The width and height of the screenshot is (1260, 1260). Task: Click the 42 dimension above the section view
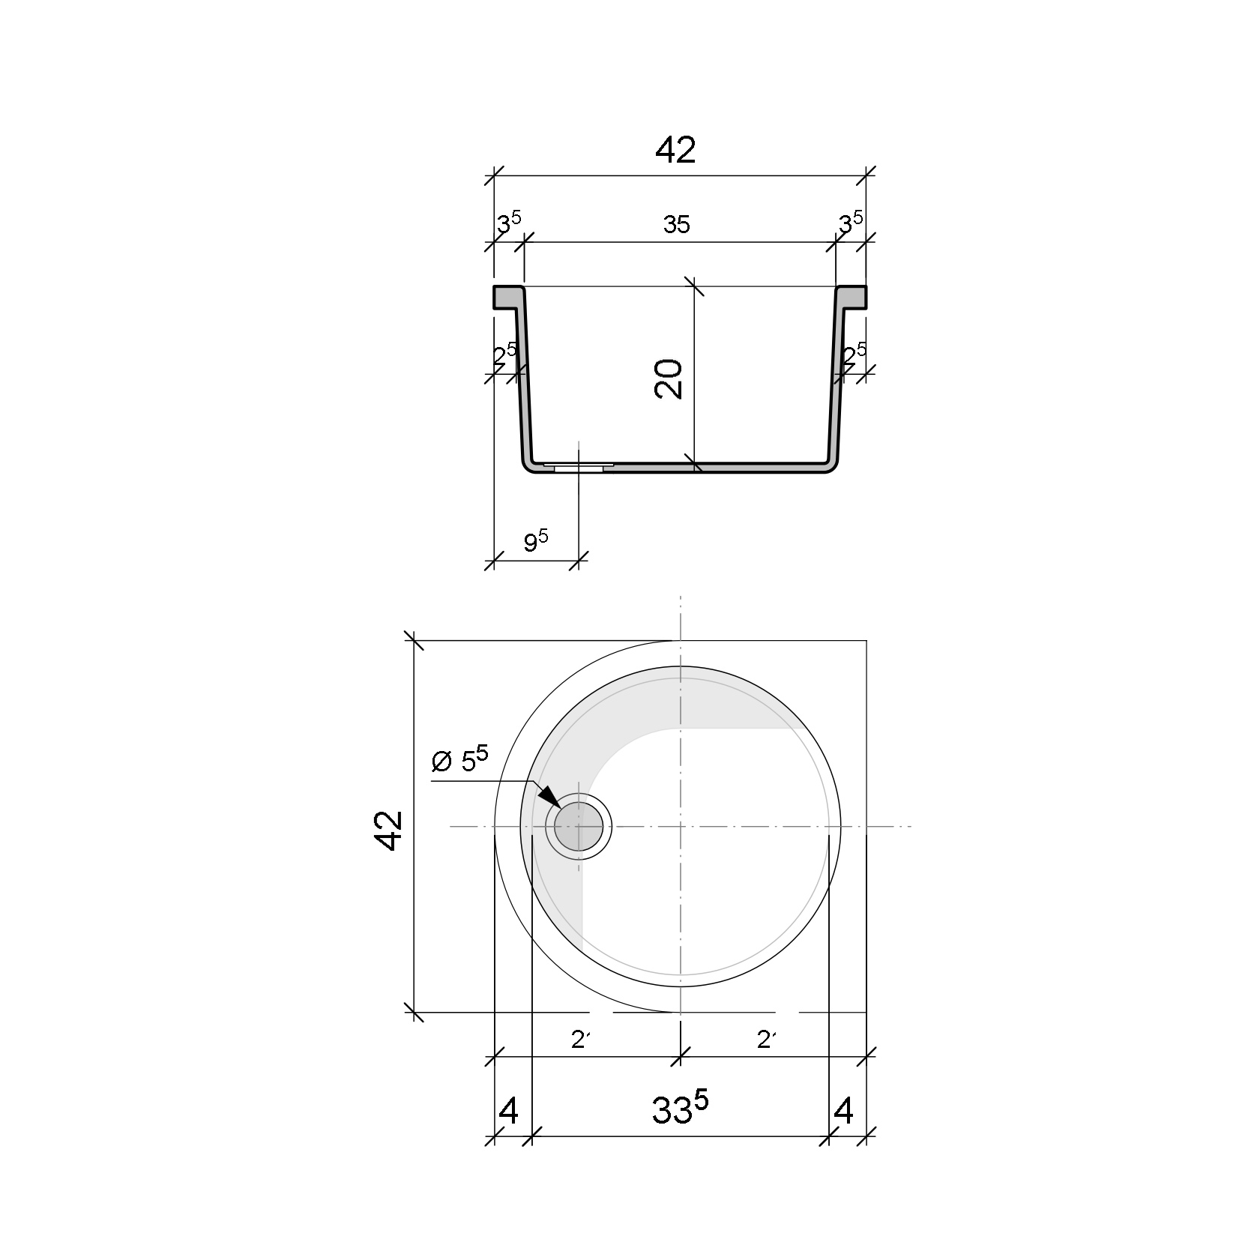click(x=675, y=151)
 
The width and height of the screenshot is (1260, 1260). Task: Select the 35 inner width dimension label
click(x=676, y=224)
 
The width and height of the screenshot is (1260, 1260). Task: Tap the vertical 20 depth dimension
click(x=669, y=379)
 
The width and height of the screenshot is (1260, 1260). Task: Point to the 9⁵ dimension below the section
click(x=535, y=541)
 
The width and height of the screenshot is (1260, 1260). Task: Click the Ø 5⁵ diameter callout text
click(x=460, y=760)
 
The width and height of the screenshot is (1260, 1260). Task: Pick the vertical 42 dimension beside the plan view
click(x=389, y=830)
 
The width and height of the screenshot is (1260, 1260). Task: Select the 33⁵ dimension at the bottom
click(x=679, y=1109)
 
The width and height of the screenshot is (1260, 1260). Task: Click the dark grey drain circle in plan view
click(x=579, y=826)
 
